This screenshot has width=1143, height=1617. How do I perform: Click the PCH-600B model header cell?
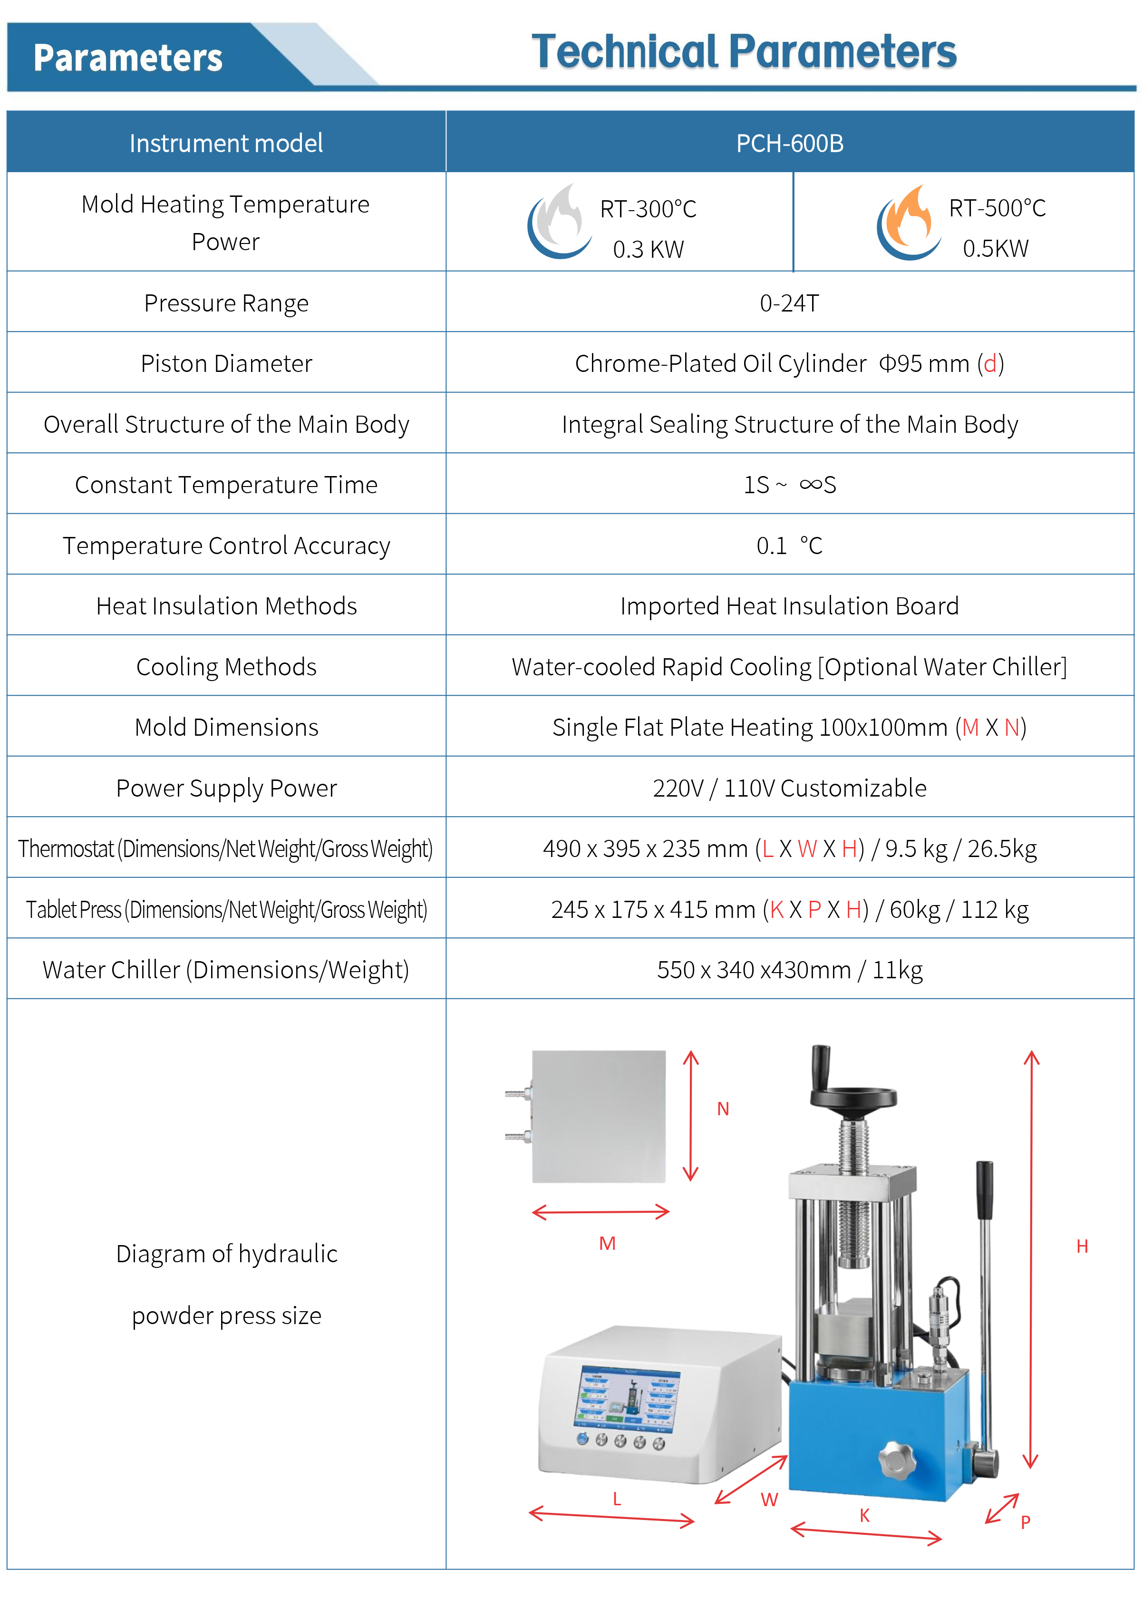(789, 143)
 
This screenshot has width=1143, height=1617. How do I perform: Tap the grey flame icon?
(560, 222)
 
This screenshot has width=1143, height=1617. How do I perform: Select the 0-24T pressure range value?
(789, 303)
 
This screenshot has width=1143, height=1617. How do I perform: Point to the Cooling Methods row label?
(226, 666)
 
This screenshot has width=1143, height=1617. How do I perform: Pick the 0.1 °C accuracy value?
(789, 545)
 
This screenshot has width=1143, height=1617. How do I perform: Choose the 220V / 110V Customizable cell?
(789, 788)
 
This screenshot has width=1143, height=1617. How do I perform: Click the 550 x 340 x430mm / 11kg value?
(789, 970)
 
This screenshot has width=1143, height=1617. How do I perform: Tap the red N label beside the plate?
(723, 1109)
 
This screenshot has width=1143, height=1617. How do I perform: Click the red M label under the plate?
(607, 1243)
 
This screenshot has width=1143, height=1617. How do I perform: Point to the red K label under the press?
(864, 1515)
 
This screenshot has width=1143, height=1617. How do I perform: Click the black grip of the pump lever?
(984, 1190)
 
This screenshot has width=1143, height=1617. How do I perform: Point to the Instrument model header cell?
(226, 143)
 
